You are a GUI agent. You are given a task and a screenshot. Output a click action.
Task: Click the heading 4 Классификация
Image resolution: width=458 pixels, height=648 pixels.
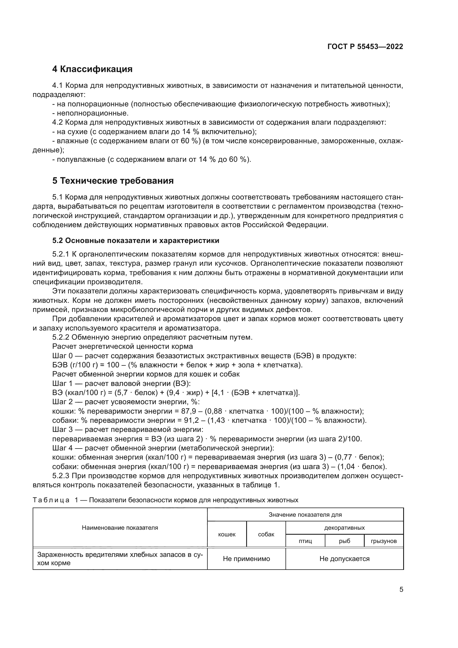pyautogui.click(x=92, y=69)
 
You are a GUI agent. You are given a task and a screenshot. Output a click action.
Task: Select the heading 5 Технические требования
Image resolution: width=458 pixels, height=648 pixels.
pyautogui.click(x=113, y=181)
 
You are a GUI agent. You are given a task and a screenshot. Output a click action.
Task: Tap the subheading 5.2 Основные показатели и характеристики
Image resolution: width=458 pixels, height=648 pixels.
pyautogui.click(x=136, y=240)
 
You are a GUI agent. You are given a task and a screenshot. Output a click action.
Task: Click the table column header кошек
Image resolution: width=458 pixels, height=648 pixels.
pyautogui.click(x=227, y=534)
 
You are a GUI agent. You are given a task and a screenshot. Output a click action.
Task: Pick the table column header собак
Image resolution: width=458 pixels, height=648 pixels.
pyautogui.click(x=266, y=534)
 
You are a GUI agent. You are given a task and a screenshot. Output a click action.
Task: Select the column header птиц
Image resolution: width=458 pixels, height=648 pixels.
pyautogui.click(x=305, y=541)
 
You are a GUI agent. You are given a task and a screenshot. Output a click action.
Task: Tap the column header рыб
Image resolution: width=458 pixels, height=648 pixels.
pyautogui.click(x=344, y=541)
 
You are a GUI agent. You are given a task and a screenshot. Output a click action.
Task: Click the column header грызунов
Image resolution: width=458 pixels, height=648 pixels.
pyautogui.click(x=384, y=541)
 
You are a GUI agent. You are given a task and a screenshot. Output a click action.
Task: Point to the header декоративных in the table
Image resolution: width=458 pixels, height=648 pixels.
pyautogui.click(x=344, y=527)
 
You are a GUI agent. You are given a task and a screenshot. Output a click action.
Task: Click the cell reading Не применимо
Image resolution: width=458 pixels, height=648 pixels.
pyautogui.click(x=246, y=559)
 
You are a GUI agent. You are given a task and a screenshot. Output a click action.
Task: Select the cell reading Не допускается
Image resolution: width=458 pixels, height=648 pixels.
pyautogui.click(x=344, y=559)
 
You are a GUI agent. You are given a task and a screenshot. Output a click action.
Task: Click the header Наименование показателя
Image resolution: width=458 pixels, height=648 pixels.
pyautogui.click(x=120, y=527)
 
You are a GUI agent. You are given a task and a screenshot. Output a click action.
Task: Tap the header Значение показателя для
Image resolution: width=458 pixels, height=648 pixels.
pyautogui.click(x=305, y=514)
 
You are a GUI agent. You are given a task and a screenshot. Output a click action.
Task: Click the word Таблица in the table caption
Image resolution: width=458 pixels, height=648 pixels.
pyautogui.click(x=51, y=500)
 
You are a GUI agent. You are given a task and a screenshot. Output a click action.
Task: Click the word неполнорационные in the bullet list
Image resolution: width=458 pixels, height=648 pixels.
pyautogui.click(x=92, y=113)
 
